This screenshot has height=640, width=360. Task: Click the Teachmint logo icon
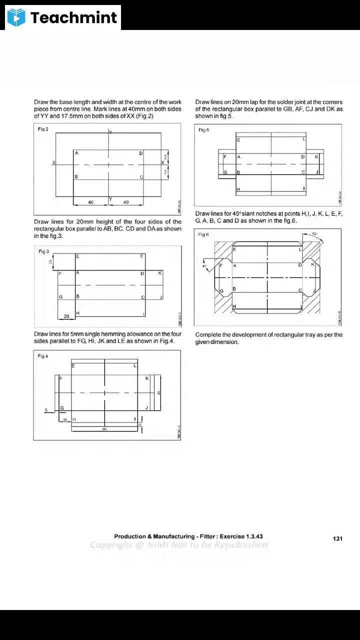click(x=16, y=17)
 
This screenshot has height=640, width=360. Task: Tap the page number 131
click(x=337, y=538)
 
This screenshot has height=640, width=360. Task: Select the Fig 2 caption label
click(x=43, y=129)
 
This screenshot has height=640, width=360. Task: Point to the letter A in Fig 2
click(x=76, y=153)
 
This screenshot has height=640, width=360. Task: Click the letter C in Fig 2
click(x=141, y=177)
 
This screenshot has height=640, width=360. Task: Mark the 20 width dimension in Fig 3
click(x=66, y=316)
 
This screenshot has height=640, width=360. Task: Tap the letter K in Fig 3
click(x=160, y=273)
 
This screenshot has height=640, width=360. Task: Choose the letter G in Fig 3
click(x=60, y=297)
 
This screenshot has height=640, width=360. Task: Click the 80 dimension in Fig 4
click(x=104, y=429)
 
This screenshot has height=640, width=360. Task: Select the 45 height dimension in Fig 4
click(x=159, y=393)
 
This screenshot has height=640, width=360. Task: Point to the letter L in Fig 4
click(x=134, y=366)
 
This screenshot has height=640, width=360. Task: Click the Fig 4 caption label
click(x=43, y=356)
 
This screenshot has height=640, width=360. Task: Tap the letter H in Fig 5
click(x=238, y=189)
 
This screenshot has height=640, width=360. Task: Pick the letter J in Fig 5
click(x=317, y=172)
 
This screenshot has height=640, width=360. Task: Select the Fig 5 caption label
click(x=203, y=130)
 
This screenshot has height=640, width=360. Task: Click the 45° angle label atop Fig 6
click(x=314, y=233)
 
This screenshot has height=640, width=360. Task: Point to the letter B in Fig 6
click(x=234, y=289)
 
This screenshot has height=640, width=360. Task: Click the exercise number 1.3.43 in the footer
click(x=254, y=536)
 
